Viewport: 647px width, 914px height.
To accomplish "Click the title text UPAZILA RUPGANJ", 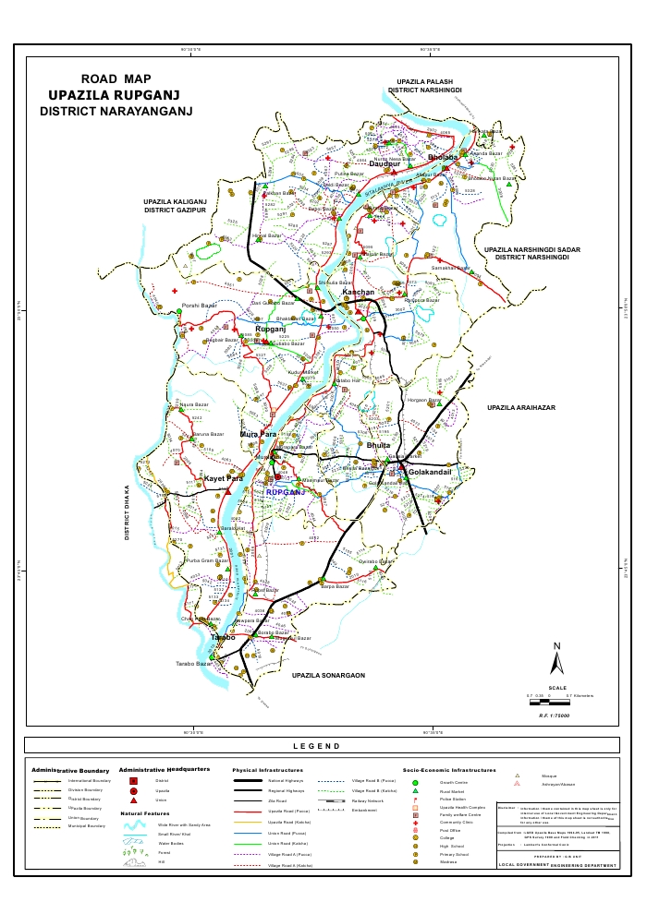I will click(114, 95).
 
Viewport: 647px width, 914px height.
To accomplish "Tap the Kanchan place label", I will click(359, 293).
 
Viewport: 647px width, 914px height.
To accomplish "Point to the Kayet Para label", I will click(224, 478).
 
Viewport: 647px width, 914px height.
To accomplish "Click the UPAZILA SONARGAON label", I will click(328, 676).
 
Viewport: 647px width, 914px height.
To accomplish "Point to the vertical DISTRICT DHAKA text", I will click(128, 511).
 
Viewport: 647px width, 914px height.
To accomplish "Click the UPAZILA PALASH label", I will click(425, 82).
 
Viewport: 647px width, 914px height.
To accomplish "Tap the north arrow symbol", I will click(556, 660).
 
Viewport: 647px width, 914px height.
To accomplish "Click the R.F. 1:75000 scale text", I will click(555, 715).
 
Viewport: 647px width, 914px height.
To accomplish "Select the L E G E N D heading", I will click(316, 746).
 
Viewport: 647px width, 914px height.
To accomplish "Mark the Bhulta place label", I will click(379, 445).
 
